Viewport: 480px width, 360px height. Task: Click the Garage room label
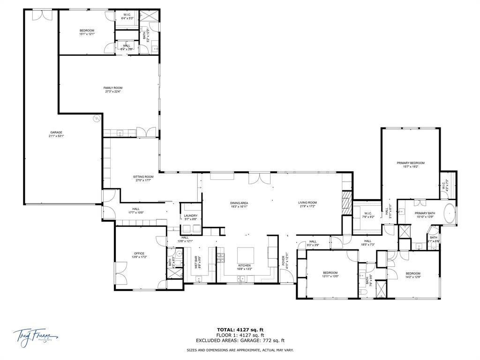point(56,132)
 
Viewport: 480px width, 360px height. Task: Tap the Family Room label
point(113,88)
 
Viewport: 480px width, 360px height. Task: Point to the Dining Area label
point(239,202)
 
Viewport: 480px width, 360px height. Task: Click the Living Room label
point(307,202)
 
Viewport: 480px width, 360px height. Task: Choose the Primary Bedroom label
point(411,163)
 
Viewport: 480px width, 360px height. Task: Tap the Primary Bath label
point(425,213)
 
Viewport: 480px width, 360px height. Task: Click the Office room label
point(139,253)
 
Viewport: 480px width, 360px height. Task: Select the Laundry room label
point(191,216)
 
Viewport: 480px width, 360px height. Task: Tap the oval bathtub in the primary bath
point(449,214)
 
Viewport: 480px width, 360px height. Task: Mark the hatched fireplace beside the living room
point(346,202)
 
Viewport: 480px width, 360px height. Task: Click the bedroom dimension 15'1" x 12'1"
point(87,34)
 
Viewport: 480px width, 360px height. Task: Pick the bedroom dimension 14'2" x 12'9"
point(413,277)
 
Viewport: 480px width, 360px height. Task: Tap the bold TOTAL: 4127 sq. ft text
point(240,330)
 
